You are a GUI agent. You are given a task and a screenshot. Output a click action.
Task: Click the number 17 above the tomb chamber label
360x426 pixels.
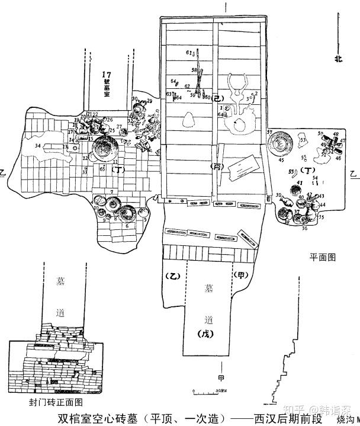tap(107, 75)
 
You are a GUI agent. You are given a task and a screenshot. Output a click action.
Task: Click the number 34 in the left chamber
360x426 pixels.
tap(38, 146)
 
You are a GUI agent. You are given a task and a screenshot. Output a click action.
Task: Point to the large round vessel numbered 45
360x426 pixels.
tap(281, 143)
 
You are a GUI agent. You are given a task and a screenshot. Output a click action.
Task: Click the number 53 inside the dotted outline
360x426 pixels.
tap(302, 139)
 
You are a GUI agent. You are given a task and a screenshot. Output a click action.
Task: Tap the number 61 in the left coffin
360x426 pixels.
tap(189, 53)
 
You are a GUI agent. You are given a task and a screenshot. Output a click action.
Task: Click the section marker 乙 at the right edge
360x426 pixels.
tap(353, 175)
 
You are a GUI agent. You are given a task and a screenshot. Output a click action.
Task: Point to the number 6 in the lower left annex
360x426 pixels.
tap(126, 226)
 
